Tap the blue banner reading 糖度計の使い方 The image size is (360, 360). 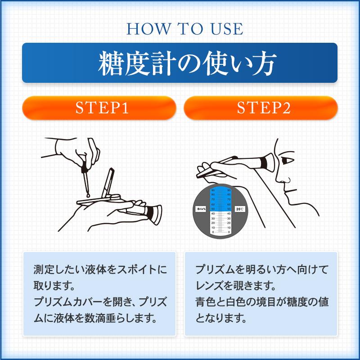[180, 63]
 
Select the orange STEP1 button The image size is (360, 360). [99, 108]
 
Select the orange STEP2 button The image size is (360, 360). [261, 108]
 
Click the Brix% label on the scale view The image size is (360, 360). [201, 209]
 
